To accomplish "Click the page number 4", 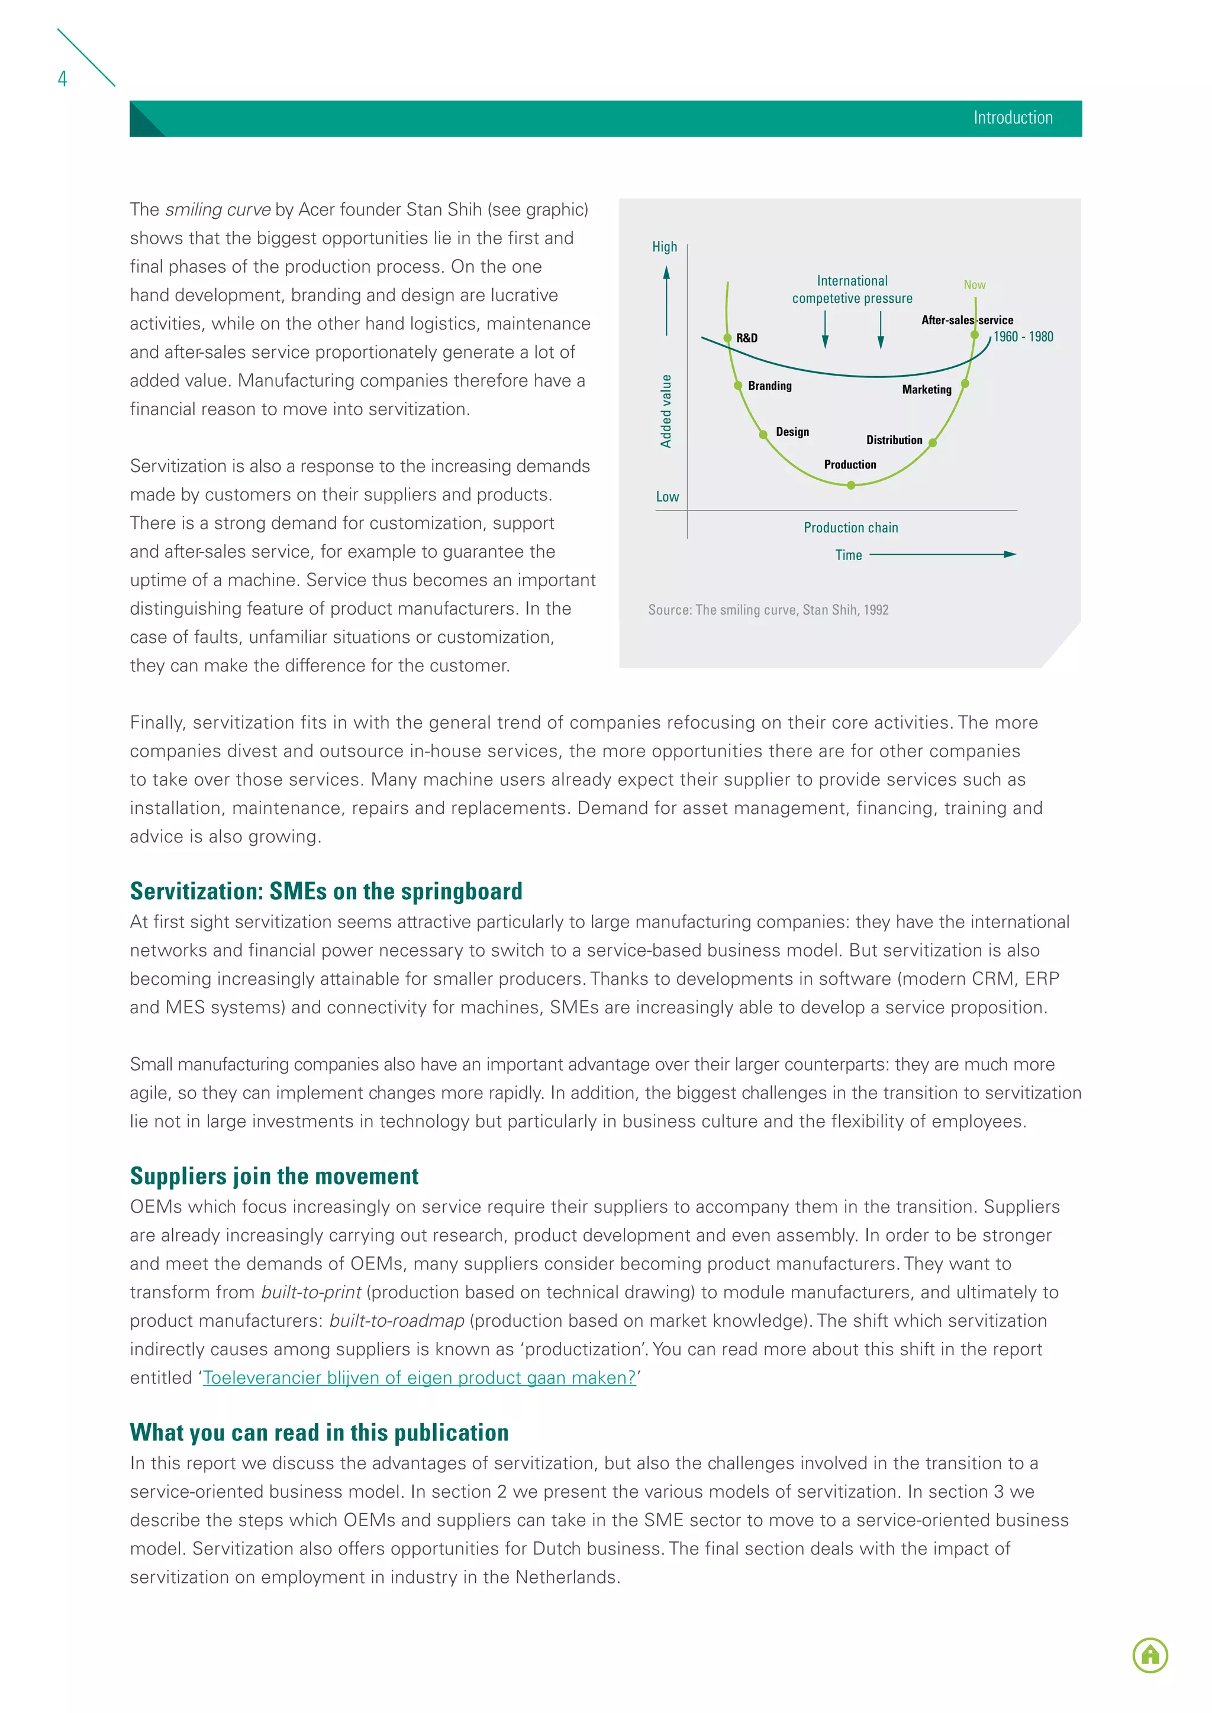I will pos(63,79).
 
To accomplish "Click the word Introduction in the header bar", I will pos(1012,118).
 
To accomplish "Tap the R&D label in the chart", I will pos(746,338).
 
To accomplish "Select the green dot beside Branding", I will pos(737,386).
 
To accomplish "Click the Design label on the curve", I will pos(792,432).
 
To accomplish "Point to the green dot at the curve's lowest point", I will pos(851,485).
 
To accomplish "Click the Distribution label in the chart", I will pos(894,440).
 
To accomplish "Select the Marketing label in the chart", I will pos(926,389).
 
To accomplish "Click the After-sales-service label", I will pos(966,320).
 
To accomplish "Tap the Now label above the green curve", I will pos(974,285).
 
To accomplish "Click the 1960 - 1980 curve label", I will pos(1023,337).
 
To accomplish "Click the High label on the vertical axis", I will pos(664,247).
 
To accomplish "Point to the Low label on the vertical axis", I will pos(666,497).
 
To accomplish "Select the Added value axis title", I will pos(666,411).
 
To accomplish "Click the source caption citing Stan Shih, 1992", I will pos(768,610).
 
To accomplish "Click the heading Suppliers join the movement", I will pos(274,1177).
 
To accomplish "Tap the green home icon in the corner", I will pos(1149,1655).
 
